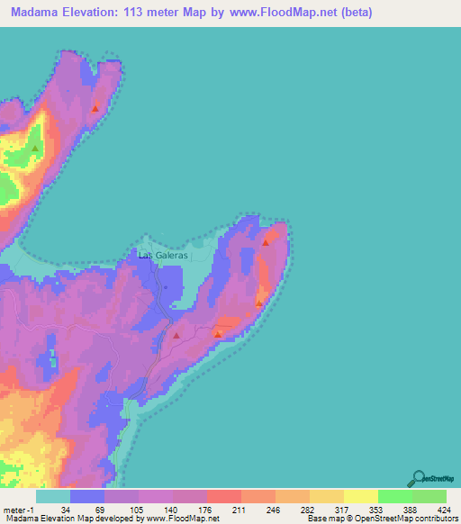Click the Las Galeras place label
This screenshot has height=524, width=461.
pyautogui.click(x=163, y=255)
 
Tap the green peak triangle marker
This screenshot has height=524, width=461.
pyautogui.click(x=35, y=148)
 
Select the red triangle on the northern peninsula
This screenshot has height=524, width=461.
pyautogui.click(x=95, y=109)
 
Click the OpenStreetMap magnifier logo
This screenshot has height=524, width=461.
pyautogui.click(x=418, y=478)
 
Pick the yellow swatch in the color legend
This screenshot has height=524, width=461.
pyautogui.click(x=360, y=496)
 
